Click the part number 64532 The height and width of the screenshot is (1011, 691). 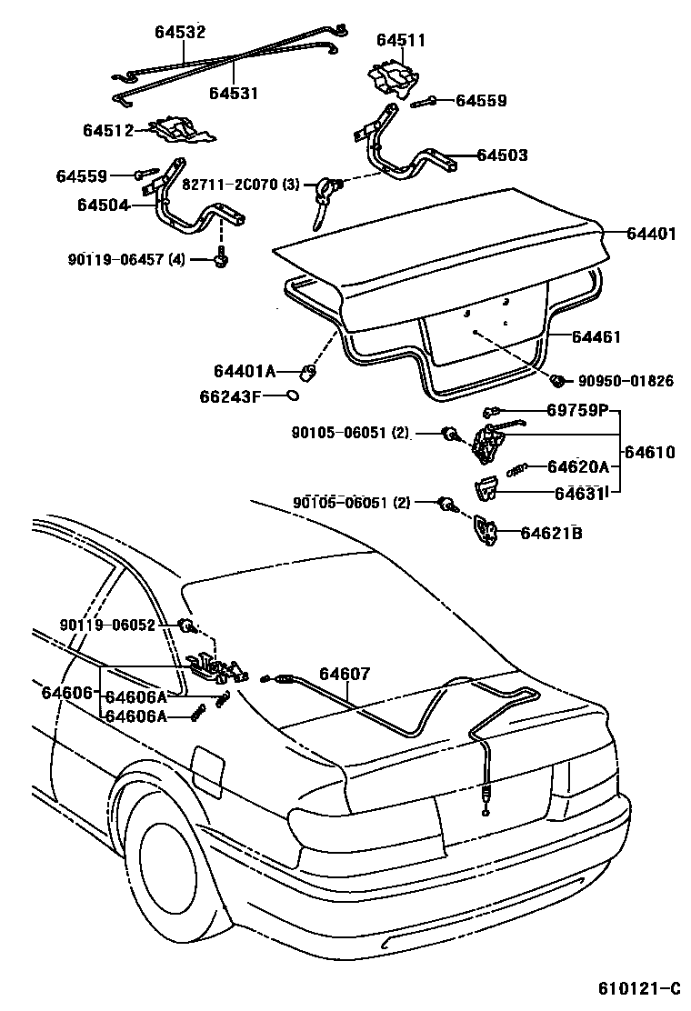[x=179, y=33]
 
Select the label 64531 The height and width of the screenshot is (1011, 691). [x=234, y=93]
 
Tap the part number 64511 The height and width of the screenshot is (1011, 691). [x=401, y=41]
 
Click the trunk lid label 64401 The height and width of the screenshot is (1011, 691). [x=651, y=234]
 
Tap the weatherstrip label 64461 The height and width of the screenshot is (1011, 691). [x=596, y=336]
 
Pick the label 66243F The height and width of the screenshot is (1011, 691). [x=230, y=396]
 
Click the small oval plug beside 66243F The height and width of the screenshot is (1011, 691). [x=292, y=395]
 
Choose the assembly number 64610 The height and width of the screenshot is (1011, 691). [x=650, y=452]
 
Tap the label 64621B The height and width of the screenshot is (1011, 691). [x=551, y=533]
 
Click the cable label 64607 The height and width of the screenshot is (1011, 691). [x=345, y=674]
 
